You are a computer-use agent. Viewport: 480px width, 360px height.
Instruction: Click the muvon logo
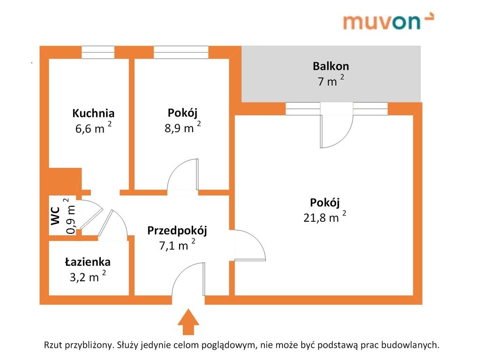pyautogui.click(x=388, y=21)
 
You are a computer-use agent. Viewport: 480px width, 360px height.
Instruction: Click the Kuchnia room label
pyautogui.click(x=93, y=113)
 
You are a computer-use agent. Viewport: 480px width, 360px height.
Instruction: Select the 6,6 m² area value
pyautogui.click(x=93, y=128)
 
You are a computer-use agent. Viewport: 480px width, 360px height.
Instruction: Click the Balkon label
pyautogui.click(x=331, y=66)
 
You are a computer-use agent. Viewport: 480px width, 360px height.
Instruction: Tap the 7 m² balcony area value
pyautogui.click(x=331, y=81)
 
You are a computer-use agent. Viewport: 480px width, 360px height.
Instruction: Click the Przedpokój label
pyautogui.click(x=177, y=230)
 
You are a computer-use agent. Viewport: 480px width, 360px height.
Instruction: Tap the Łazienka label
pyautogui.click(x=88, y=262)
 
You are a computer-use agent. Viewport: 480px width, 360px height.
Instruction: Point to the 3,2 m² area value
pyautogui.click(x=88, y=277)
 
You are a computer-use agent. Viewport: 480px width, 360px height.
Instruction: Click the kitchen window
pyautogui.click(x=97, y=52)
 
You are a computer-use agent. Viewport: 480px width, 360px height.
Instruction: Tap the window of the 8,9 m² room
pyautogui.click(x=181, y=52)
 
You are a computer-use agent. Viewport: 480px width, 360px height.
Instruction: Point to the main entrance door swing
pyautogui.click(x=188, y=280)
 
